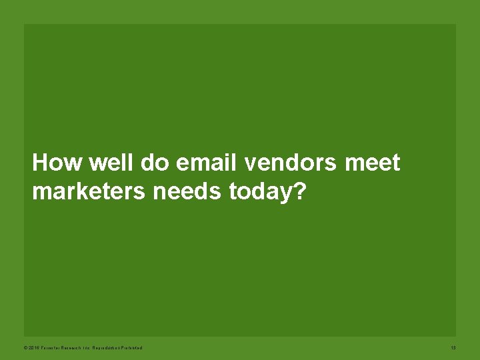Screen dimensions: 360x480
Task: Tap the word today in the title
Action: click(261, 192)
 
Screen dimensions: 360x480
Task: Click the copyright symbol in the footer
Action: click(25, 348)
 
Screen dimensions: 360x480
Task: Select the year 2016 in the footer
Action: click(33, 348)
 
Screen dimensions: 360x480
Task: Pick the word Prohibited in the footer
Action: click(133, 348)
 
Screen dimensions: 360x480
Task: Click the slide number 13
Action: click(453, 348)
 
